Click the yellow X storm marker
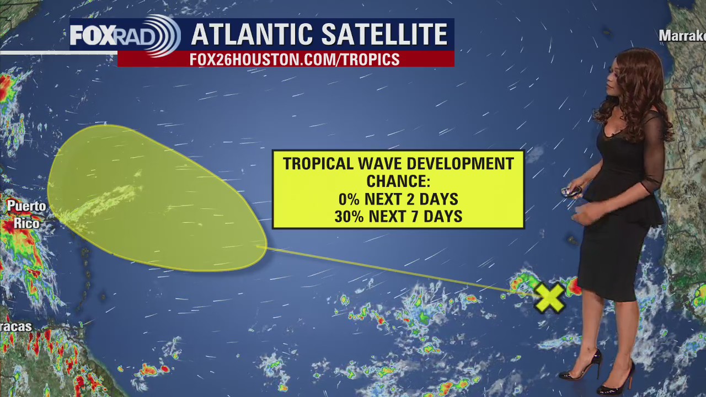pos(549,298)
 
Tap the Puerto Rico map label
pos(26,214)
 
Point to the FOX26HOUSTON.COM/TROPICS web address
pos(295,60)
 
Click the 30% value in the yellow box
pos(349,217)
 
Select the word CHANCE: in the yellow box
pos(398,181)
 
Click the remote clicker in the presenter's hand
pos(571,191)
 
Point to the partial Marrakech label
pos(682,36)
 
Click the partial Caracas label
pos(15,326)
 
